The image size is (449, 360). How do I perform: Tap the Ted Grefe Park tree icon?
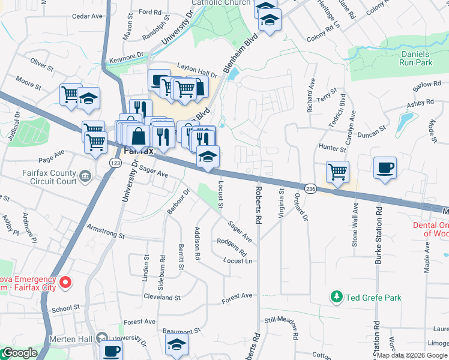tap(337, 296)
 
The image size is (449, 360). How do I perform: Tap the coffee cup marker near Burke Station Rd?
tap(384, 167)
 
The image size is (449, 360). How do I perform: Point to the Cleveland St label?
tap(161, 297)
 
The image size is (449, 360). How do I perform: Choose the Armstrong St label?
tap(105, 231)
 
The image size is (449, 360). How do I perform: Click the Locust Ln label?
tap(238, 261)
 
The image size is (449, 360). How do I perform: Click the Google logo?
tap(20, 353)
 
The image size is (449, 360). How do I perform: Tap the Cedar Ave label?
tap(88, 16)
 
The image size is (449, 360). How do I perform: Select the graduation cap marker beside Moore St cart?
tap(89, 99)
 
